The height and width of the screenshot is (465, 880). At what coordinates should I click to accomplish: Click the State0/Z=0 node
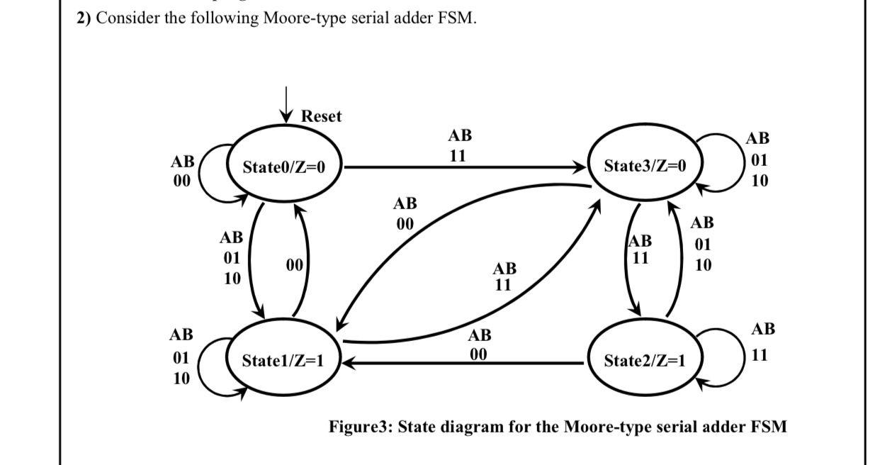[284, 167]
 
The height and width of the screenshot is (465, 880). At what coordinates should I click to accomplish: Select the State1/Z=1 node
[283, 360]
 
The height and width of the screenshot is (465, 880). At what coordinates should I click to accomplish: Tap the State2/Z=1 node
[645, 360]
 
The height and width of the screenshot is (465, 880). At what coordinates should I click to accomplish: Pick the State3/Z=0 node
[645, 167]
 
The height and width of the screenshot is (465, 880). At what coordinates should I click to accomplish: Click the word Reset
[321, 116]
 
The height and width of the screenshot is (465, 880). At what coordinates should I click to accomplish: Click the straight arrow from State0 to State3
[461, 168]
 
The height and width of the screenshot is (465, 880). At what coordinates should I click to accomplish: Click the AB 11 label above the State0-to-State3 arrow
[459, 145]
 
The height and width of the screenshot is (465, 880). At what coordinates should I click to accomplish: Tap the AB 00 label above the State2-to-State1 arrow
[479, 344]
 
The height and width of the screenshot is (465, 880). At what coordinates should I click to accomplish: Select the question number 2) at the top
[84, 18]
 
